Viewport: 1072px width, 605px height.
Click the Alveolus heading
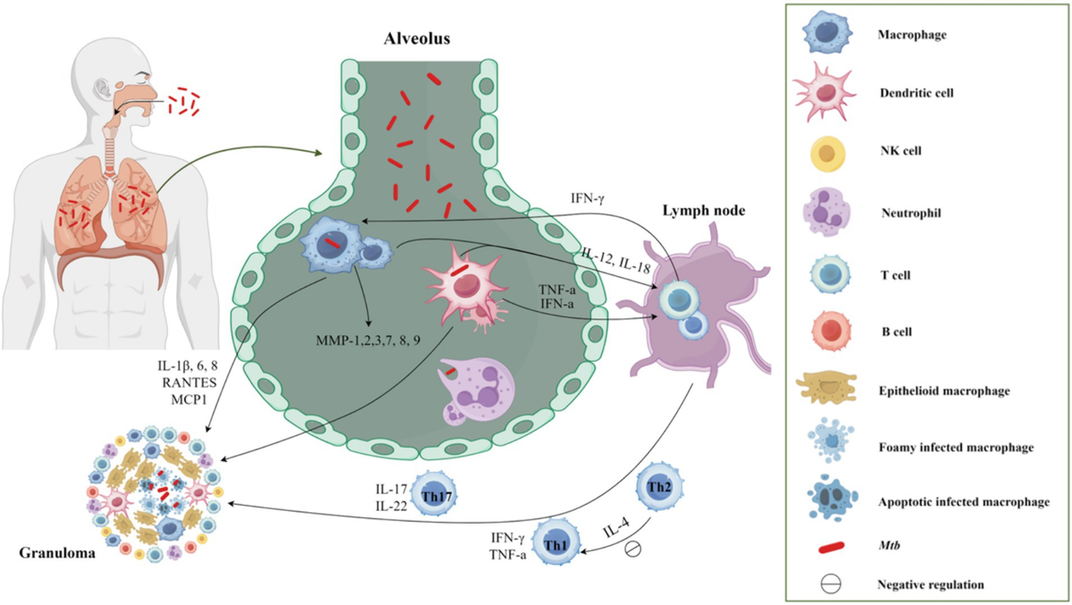click(x=417, y=38)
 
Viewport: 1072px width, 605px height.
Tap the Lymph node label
click(x=704, y=211)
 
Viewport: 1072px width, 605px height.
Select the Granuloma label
click(x=57, y=553)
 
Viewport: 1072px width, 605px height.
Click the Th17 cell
click(x=434, y=494)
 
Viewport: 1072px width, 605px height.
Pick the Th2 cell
click(x=659, y=487)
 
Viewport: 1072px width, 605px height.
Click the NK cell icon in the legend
click(x=827, y=154)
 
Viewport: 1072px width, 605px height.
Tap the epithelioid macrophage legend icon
click(x=826, y=388)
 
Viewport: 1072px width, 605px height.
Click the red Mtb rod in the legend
click(x=832, y=547)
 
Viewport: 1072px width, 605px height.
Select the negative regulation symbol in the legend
click(x=831, y=584)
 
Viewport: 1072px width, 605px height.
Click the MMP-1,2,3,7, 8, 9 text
click(x=368, y=340)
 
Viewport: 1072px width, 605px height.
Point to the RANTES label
click(x=189, y=382)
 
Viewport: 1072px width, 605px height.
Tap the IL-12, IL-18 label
click(x=616, y=261)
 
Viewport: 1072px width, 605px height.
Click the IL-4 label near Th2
click(x=616, y=527)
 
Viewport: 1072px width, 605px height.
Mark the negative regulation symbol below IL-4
click(x=632, y=549)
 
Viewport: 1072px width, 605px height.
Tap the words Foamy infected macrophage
click(x=956, y=448)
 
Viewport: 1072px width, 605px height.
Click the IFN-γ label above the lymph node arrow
click(x=587, y=198)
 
